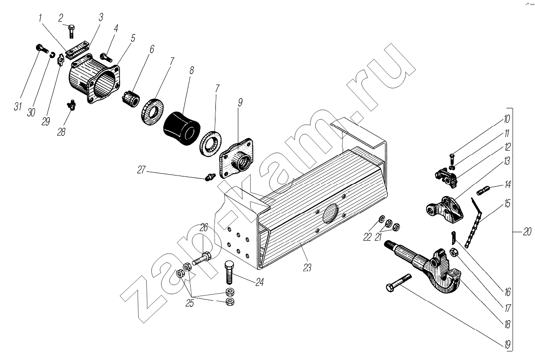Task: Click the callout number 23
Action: point(307,268)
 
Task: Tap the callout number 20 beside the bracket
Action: point(527,232)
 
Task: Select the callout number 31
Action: point(18,106)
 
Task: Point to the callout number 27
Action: point(142,169)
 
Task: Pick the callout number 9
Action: point(240,102)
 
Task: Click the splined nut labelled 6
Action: point(132,98)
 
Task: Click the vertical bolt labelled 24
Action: point(229,272)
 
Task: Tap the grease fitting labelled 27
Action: point(209,177)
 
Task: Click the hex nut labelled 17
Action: point(454,253)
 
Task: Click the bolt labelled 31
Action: point(41,49)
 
